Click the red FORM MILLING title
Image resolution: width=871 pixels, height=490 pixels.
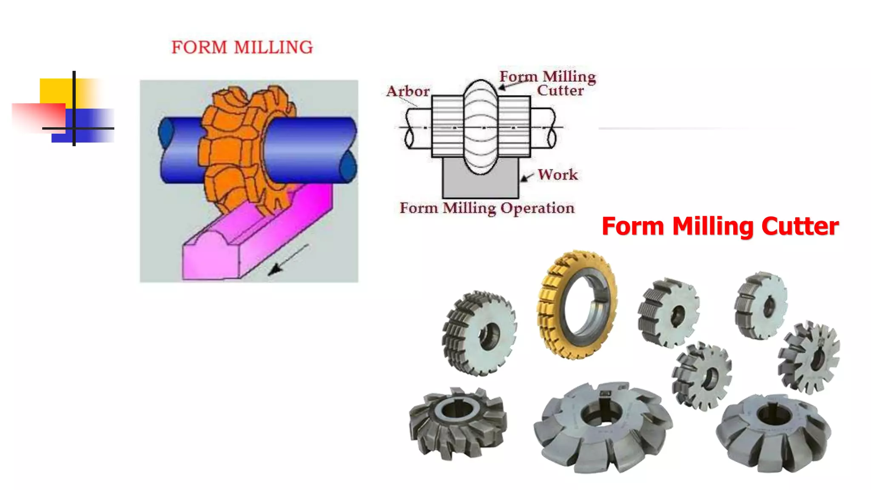(242, 47)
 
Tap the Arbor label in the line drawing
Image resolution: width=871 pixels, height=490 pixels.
(408, 91)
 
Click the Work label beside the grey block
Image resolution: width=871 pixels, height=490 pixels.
(558, 174)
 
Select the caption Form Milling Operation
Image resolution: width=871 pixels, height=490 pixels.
(487, 208)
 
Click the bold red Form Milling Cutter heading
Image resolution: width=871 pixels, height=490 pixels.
(720, 226)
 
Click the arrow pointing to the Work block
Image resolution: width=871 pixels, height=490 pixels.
(527, 177)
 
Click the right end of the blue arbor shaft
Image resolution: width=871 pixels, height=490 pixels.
(347, 149)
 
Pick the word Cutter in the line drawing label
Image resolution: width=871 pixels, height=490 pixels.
(560, 91)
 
